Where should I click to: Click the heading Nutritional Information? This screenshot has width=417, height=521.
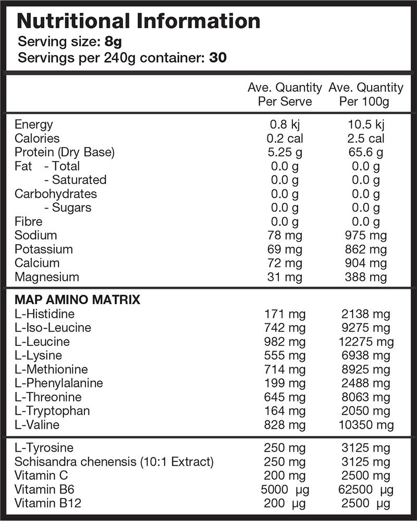139,21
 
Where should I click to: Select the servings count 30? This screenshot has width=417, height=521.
218,57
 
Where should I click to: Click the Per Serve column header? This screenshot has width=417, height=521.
285,94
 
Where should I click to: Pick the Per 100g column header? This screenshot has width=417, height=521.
365,94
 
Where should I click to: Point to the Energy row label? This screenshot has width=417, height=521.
34,124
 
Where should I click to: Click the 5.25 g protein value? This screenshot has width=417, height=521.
285,152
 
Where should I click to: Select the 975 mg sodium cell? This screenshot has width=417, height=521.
365,235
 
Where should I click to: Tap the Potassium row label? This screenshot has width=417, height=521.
44,249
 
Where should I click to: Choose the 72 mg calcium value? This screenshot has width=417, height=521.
285,263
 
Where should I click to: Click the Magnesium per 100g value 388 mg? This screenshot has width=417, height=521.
365,277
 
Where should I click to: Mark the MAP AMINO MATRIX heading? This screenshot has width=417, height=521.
77,300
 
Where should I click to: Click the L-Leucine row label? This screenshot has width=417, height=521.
42,342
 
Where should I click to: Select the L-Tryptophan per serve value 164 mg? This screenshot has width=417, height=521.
285,410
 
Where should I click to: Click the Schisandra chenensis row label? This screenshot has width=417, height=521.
114,462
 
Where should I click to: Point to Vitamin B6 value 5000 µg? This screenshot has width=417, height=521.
284,490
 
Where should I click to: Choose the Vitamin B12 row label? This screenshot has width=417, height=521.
48,503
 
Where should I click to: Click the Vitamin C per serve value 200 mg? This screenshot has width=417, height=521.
285,476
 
